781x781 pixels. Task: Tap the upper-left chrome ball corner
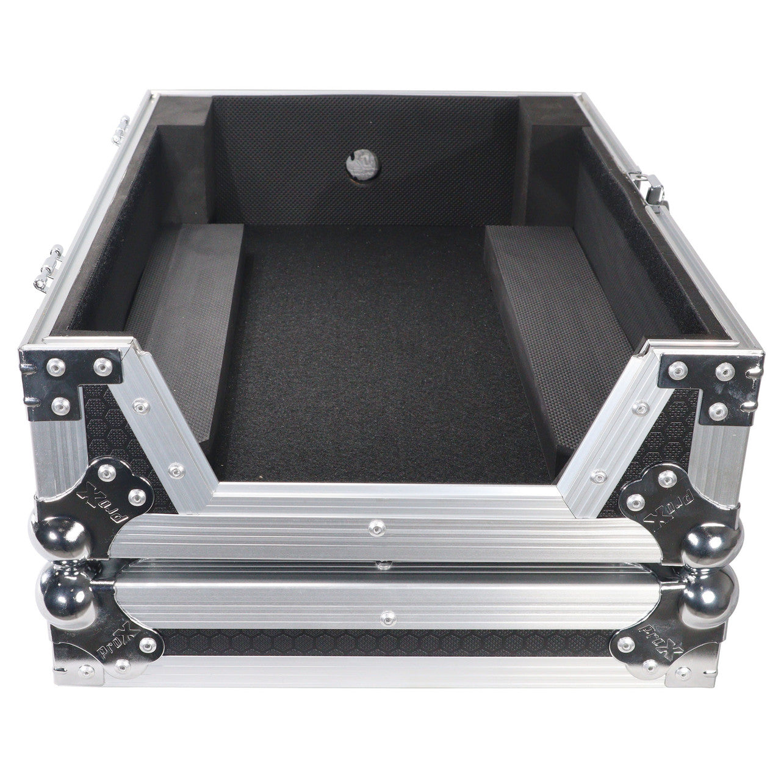coord(62,538)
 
